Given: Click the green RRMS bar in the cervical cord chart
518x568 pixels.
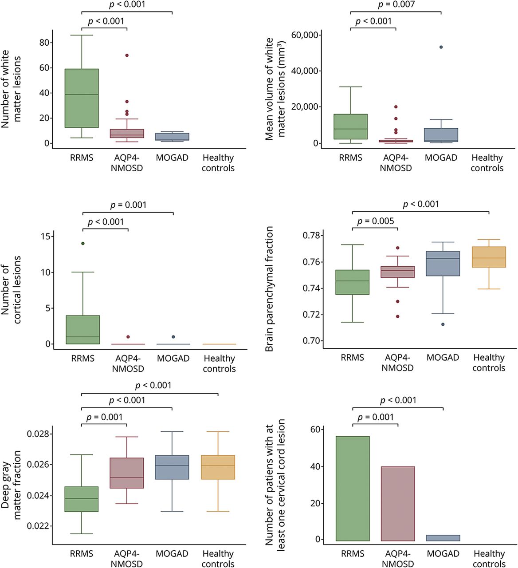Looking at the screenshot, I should [353, 488].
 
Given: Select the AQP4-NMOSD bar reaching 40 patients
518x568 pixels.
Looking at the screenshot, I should [398, 504].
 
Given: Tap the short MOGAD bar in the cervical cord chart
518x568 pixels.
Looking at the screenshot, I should [443, 538].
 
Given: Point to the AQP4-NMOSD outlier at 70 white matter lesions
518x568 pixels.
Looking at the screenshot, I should [127, 55].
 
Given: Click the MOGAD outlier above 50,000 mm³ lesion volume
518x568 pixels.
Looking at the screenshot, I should [441, 47].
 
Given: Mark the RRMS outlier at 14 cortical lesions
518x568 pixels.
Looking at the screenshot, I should [82, 243].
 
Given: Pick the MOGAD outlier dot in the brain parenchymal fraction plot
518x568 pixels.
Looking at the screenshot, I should [443, 324].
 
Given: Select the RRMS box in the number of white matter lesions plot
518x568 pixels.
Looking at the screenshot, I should [82, 98].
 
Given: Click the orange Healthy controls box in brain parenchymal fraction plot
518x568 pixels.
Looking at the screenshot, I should [489, 257].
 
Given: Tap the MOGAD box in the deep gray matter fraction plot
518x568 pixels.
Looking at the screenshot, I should [172, 467].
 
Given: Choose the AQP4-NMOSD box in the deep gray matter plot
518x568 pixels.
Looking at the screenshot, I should [127, 473].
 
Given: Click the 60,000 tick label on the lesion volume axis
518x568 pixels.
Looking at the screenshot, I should [305, 35].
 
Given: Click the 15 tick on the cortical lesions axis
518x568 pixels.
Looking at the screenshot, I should [45, 236].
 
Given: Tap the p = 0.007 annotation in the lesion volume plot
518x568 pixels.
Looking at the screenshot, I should [396, 5].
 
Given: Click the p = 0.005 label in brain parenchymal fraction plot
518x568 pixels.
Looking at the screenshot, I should [375, 221].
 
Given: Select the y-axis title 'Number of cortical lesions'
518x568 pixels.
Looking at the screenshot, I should [11, 289].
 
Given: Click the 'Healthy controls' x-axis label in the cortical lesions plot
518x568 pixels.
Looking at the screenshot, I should [219, 363].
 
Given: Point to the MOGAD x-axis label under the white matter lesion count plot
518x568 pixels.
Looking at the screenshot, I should [172, 158].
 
